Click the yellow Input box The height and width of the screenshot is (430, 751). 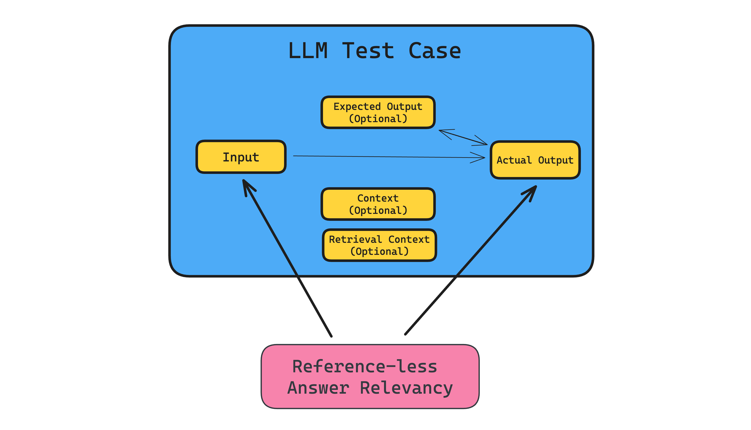click(241, 157)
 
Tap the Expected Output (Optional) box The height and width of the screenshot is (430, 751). click(378, 112)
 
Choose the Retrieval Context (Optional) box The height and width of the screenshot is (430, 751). click(379, 245)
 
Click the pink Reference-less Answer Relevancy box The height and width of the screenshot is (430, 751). click(370, 377)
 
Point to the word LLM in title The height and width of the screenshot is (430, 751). click(308, 51)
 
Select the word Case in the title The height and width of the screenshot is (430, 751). click(435, 51)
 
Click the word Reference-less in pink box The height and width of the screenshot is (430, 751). click(365, 367)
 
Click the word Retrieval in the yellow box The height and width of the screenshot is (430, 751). click(355, 239)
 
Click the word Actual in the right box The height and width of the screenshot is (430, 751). click(514, 160)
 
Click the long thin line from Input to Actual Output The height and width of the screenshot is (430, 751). click(384, 157)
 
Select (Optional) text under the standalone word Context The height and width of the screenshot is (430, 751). click(378, 210)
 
